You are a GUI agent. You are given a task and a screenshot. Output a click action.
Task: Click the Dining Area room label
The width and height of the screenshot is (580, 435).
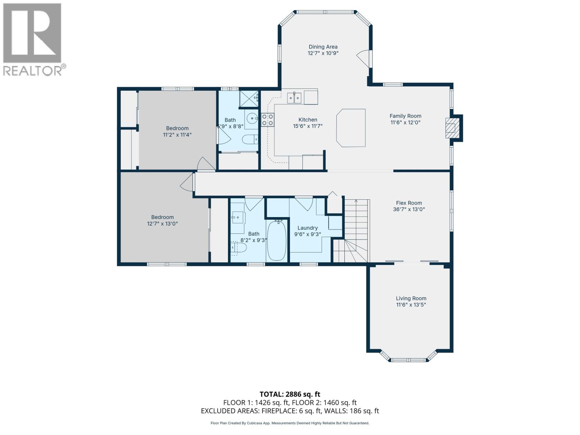click(323, 47)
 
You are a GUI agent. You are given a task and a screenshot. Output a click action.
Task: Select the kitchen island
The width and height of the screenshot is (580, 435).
click(351, 128)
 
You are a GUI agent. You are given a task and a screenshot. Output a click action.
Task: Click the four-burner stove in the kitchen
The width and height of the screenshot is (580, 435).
click(268, 120)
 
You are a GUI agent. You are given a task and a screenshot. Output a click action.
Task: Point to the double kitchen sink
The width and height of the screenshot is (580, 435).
click(294, 98)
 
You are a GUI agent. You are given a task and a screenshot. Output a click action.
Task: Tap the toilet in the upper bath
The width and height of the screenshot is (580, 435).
click(250, 139)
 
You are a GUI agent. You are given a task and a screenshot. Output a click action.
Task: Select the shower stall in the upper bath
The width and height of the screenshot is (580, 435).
click(249, 99)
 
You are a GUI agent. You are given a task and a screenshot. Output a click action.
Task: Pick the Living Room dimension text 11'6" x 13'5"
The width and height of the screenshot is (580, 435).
click(411, 305)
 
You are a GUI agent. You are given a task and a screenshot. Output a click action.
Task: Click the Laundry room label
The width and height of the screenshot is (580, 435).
click(307, 228)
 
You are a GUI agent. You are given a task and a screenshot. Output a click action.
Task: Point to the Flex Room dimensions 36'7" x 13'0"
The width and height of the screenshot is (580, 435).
click(409, 210)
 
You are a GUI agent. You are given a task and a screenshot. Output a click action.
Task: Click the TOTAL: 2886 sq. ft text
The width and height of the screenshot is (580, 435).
click(290, 394)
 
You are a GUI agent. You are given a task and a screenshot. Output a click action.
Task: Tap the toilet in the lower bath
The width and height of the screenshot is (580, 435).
click(239, 248)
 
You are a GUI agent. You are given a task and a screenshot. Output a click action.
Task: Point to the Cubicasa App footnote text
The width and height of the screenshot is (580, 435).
click(290, 423)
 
